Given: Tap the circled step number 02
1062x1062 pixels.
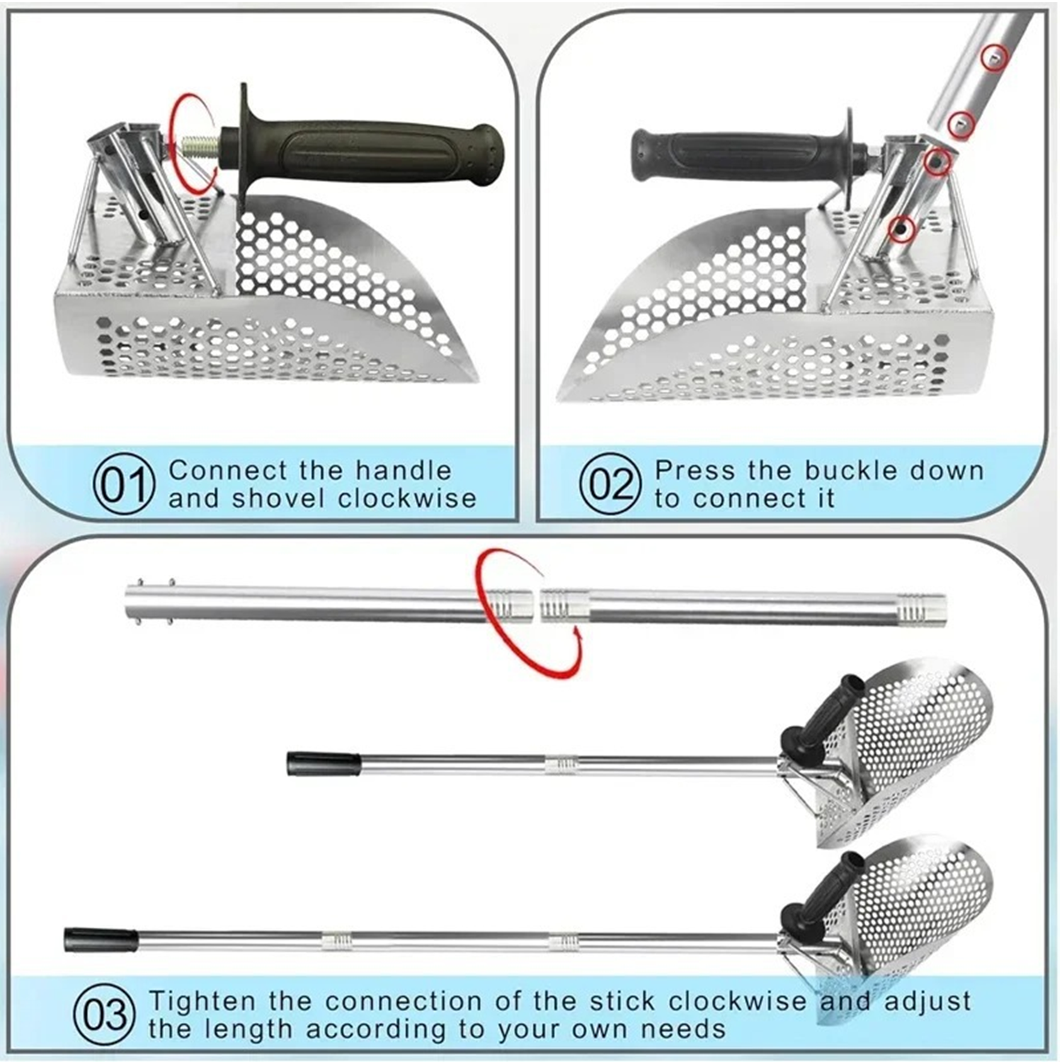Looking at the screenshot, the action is (610, 484).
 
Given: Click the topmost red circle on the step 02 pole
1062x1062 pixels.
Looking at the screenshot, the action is (994, 57).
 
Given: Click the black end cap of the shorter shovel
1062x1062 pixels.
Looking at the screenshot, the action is (322, 764).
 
